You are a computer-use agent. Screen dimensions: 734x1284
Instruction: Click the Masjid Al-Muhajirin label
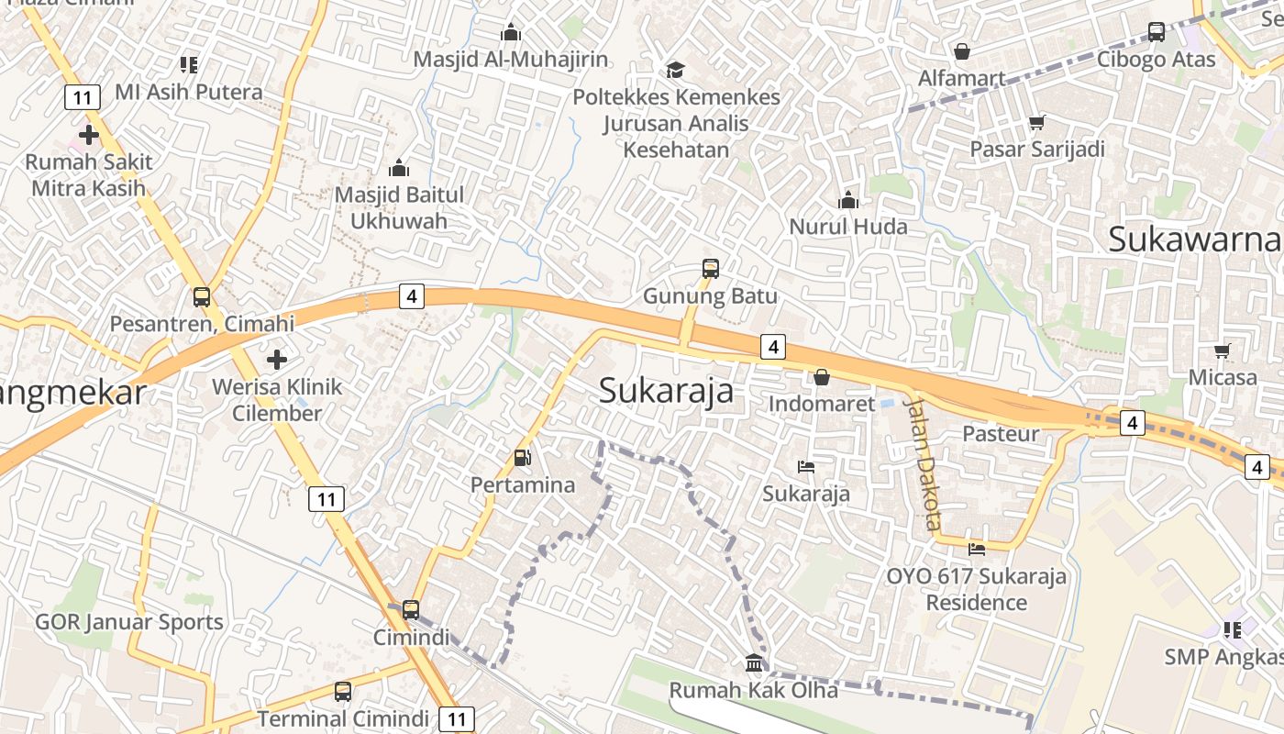pyautogui.click(x=510, y=60)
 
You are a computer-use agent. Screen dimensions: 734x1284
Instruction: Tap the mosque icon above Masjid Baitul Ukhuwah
pyautogui.click(x=399, y=168)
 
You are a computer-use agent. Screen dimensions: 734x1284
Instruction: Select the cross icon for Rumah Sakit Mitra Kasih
pyautogui.click(x=89, y=135)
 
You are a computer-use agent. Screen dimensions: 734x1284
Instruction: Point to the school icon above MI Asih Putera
pyautogui.click(x=189, y=64)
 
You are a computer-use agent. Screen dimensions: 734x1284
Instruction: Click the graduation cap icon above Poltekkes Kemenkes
pyautogui.click(x=676, y=70)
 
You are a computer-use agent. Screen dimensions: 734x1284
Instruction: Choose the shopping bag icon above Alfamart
pyautogui.click(x=962, y=51)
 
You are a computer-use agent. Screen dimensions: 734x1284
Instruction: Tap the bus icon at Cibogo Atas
pyautogui.click(x=1157, y=32)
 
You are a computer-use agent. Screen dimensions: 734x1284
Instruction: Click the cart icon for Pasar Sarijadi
pyautogui.click(x=1037, y=122)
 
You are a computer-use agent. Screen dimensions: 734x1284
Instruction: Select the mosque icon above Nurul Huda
pyautogui.click(x=848, y=199)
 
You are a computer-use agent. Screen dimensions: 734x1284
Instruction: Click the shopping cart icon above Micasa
pyautogui.click(x=1223, y=350)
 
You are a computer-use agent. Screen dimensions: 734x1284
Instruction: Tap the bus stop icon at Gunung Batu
pyautogui.click(x=711, y=269)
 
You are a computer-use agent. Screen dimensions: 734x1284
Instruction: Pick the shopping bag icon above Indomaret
pyautogui.click(x=822, y=377)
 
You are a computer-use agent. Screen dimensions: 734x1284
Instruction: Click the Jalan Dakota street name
pyautogui.click(x=923, y=462)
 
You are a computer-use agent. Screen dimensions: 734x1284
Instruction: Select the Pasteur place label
pyautogui.click(x=1001, y=433)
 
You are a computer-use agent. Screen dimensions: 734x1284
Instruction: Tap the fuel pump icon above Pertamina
pyautogui.click(x=522, y=457)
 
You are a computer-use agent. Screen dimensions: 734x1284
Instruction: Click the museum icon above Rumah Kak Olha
pyautogui.click(x=754, y=662)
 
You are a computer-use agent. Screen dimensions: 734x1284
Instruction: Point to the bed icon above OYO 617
pyautogui.click(x=977, y=550)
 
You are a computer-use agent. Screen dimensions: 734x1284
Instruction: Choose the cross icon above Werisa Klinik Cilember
pyautogui.click(x=277, y=359)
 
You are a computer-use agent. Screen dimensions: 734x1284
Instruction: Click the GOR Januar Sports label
pyautogui.click(x=129, y=622)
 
